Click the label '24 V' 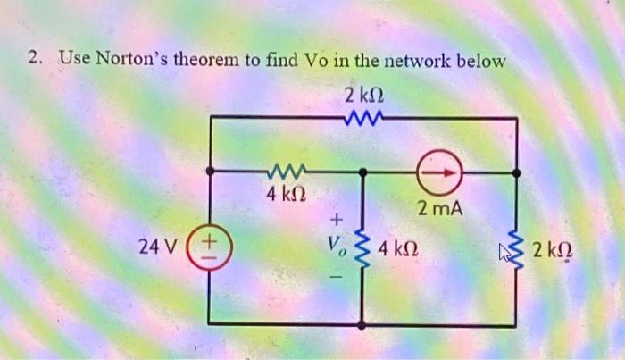pyautogui.click(x=157, y=244)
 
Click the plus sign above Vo pyautogui.click(x=337, y=217)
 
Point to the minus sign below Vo pyautogui.click(x=337, y=274)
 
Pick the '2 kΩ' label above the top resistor pyautogui.click(x=362, y=92)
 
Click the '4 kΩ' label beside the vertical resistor pyautogui.click(x=399, y=245)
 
